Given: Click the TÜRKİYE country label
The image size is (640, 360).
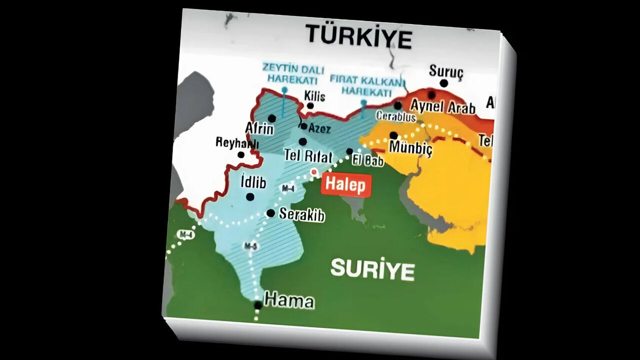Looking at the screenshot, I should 359,36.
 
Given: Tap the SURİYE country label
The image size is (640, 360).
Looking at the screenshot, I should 372,270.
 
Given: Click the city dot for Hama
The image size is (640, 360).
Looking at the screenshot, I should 257,304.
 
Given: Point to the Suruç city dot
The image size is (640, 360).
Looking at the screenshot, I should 443,83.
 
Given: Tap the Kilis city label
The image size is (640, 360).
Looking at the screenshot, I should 315,96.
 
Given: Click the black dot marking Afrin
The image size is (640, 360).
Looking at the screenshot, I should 271,118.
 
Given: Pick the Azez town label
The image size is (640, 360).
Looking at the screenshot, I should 319,128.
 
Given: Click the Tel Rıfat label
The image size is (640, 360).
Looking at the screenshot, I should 308,156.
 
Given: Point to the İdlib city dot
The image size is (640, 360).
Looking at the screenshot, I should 250,196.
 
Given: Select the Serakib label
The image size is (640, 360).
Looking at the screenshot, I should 301,215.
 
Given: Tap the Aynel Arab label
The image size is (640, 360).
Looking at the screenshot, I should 442,106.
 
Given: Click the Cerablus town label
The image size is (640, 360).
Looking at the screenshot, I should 395,117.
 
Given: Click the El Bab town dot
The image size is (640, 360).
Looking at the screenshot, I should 349,151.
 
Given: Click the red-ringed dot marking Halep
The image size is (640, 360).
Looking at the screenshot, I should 314,172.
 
